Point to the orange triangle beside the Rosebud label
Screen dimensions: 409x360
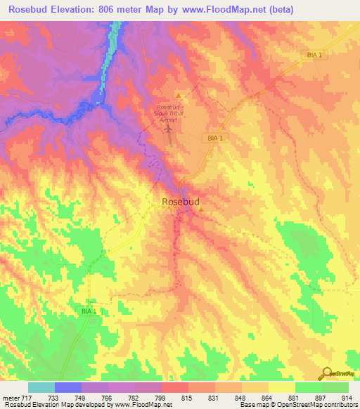pos(200,208)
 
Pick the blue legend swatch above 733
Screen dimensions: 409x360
pos(68,387)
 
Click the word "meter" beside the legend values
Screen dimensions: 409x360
pos(10,398)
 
